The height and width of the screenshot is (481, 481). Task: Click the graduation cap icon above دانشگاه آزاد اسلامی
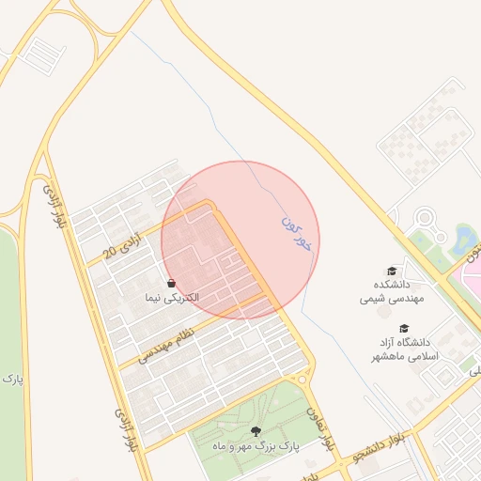(x=404, y=329)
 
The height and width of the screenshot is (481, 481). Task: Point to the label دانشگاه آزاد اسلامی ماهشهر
(x=403, y=349)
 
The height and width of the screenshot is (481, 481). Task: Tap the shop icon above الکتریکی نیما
(x=170, y=283)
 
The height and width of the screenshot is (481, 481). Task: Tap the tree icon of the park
(x=256, y=431)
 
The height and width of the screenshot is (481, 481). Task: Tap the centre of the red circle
(x=240, y=240)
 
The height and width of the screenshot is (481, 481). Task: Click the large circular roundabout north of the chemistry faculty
(x=425, y=221)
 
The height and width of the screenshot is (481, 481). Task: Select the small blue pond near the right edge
(x=467, y=240)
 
